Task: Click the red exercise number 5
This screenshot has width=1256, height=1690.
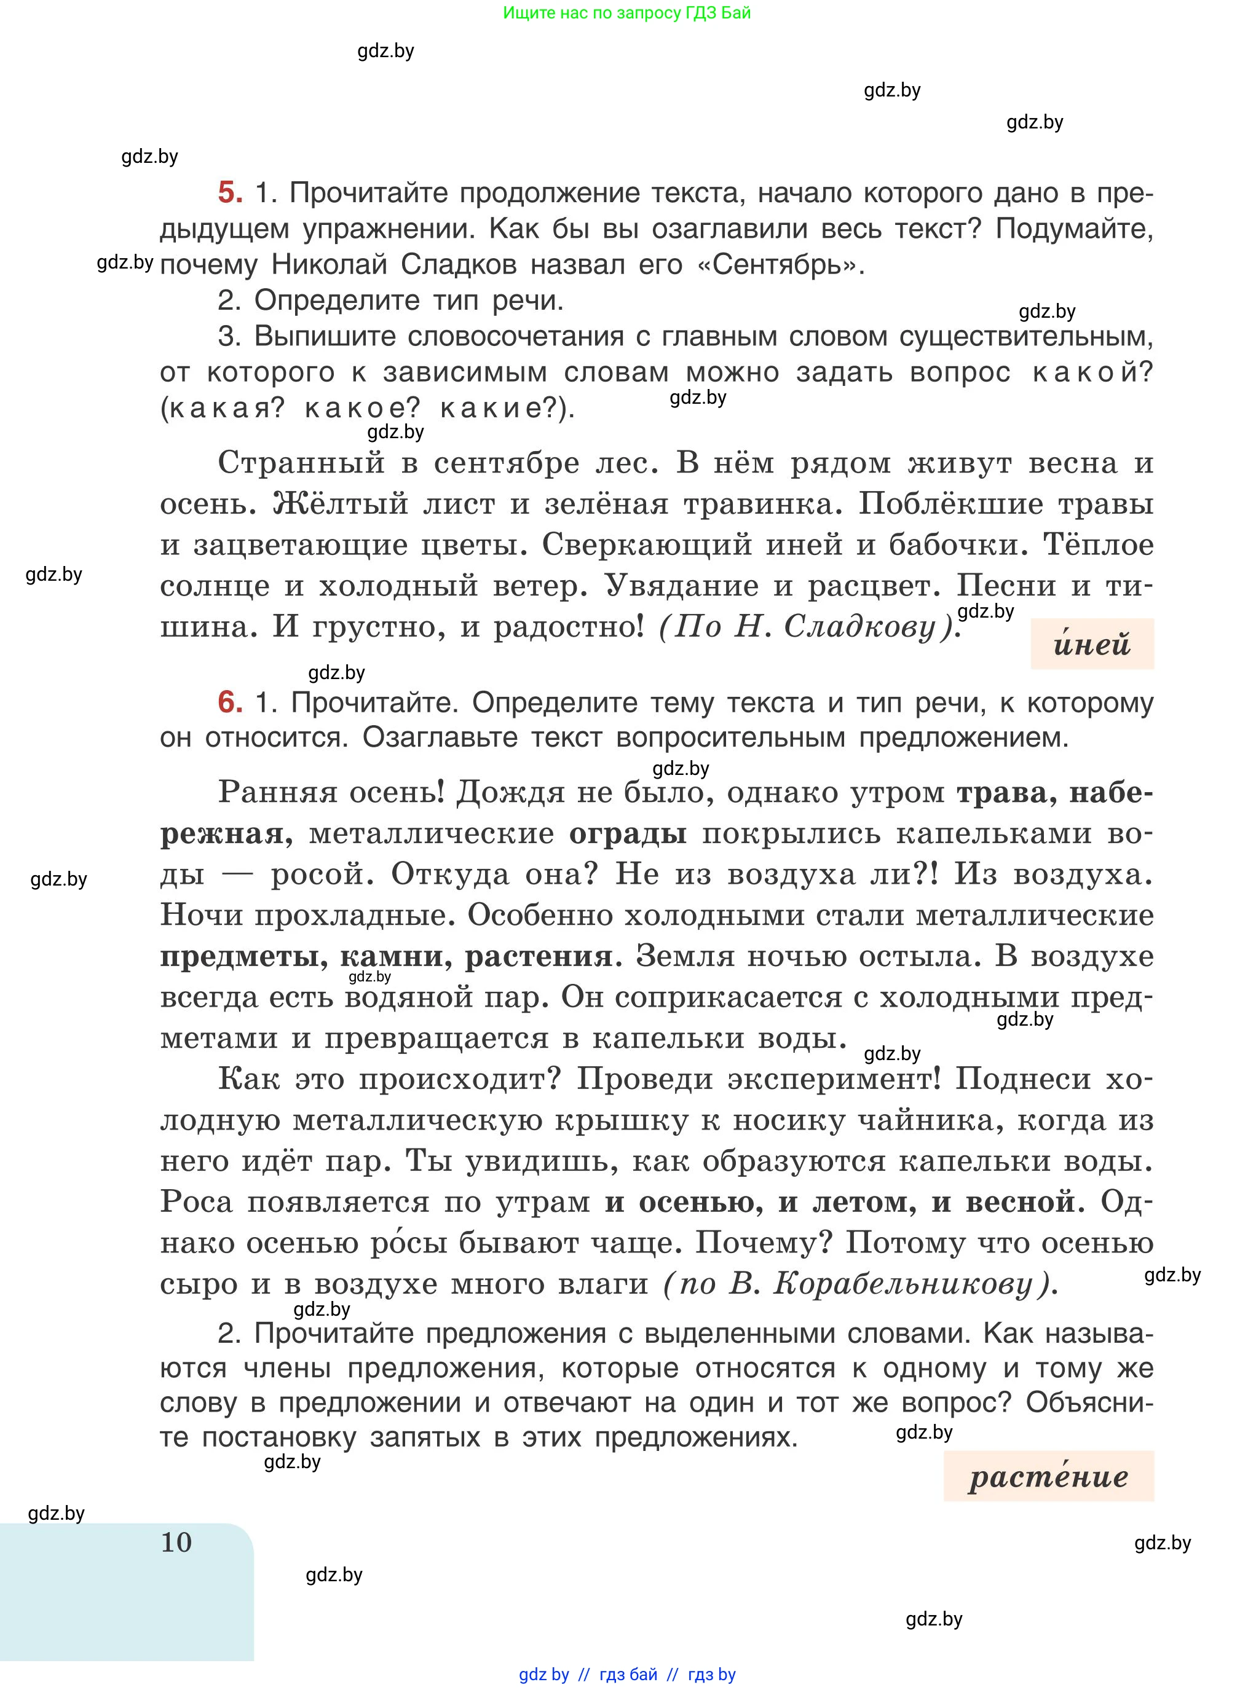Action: tap(229, 192)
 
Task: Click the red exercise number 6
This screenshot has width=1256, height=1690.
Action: tap(229, 702)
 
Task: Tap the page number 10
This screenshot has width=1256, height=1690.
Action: tap(176, 1542)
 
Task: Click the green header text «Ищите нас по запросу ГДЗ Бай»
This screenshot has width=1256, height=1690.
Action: tap(626, 13)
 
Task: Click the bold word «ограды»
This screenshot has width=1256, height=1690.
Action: tap(628, 833)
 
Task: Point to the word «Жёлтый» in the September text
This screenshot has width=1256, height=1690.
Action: tap(341, 504)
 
